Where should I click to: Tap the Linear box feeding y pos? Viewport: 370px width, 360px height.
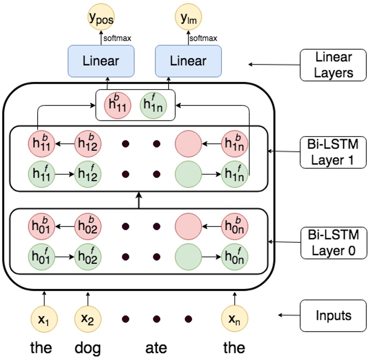pos(101,61)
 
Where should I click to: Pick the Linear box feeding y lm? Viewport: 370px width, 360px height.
pos(189,61)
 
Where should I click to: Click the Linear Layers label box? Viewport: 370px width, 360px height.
pos(333,65)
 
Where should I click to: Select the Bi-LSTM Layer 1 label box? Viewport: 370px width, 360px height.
pos(333,152)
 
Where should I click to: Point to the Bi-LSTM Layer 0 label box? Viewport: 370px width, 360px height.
pos(333,241)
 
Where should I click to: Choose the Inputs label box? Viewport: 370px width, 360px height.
pos(333,315)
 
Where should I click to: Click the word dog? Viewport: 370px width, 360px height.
pos(88,348)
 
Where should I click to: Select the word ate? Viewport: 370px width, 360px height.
pos(156,348)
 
